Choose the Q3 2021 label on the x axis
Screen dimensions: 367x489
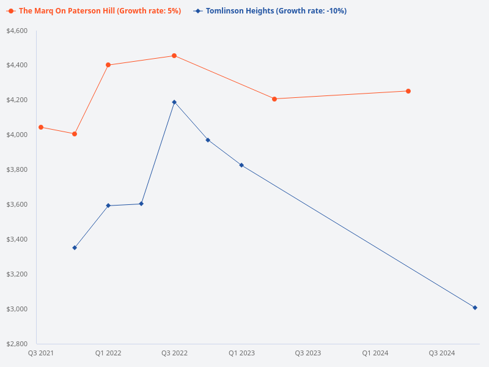pyautogui.click(x=41, y=353)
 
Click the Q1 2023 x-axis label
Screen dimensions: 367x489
pyautogui.click(x=241, y=353)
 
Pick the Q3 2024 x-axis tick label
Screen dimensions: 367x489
pyautogui.click(x=441, y=353)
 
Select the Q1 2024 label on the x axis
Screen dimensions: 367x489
pyautogui.click(x=375, y=353)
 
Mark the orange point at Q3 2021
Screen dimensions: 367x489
pyautogui.click(x=41, y=127)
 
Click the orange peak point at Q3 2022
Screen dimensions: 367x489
pyautogui.click(x=174, y=56)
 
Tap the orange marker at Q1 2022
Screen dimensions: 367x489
pyautogui.click(x=108, y=65)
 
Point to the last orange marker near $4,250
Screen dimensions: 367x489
pyautogui.click(x=408, y=91)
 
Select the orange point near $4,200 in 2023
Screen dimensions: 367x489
pyautogui.click(x=274, y=99)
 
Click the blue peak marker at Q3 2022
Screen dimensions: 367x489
pyautogui.click(x=174, y=102)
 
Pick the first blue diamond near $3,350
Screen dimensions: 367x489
pyautogui.click(x=75, y=248)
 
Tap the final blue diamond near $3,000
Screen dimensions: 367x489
pyautogui.click(x=475, y=308)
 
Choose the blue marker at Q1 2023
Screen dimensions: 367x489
pyautogui.click(x=241, y=165)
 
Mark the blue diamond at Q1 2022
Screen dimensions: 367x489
pyautogui.click(x=108, y=206)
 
